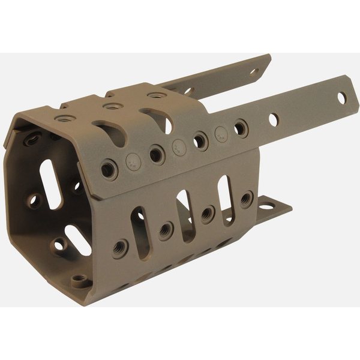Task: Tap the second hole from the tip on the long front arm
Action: point(273,119)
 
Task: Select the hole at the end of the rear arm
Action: point(254,71)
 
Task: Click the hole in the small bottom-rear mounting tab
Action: point(265,206)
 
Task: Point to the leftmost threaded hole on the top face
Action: point(63,118)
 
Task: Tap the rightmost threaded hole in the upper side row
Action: point(241,127)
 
